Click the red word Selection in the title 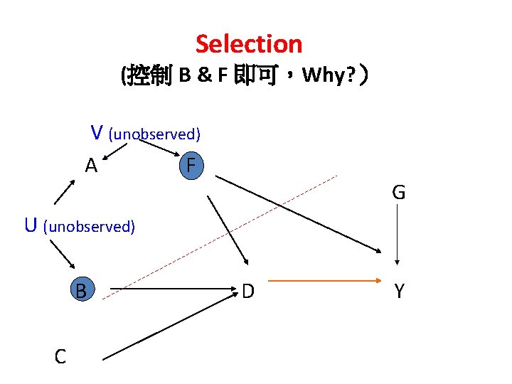tap(249, 44)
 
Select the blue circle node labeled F tap(190, 166)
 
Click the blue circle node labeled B tap(82, 290)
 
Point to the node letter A tap(91, 166)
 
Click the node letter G tap(398, 192)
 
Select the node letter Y tap(399, 291)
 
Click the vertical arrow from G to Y tap(398, 238)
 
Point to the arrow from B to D tap(171, 290)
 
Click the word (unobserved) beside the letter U tap(89, 227)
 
